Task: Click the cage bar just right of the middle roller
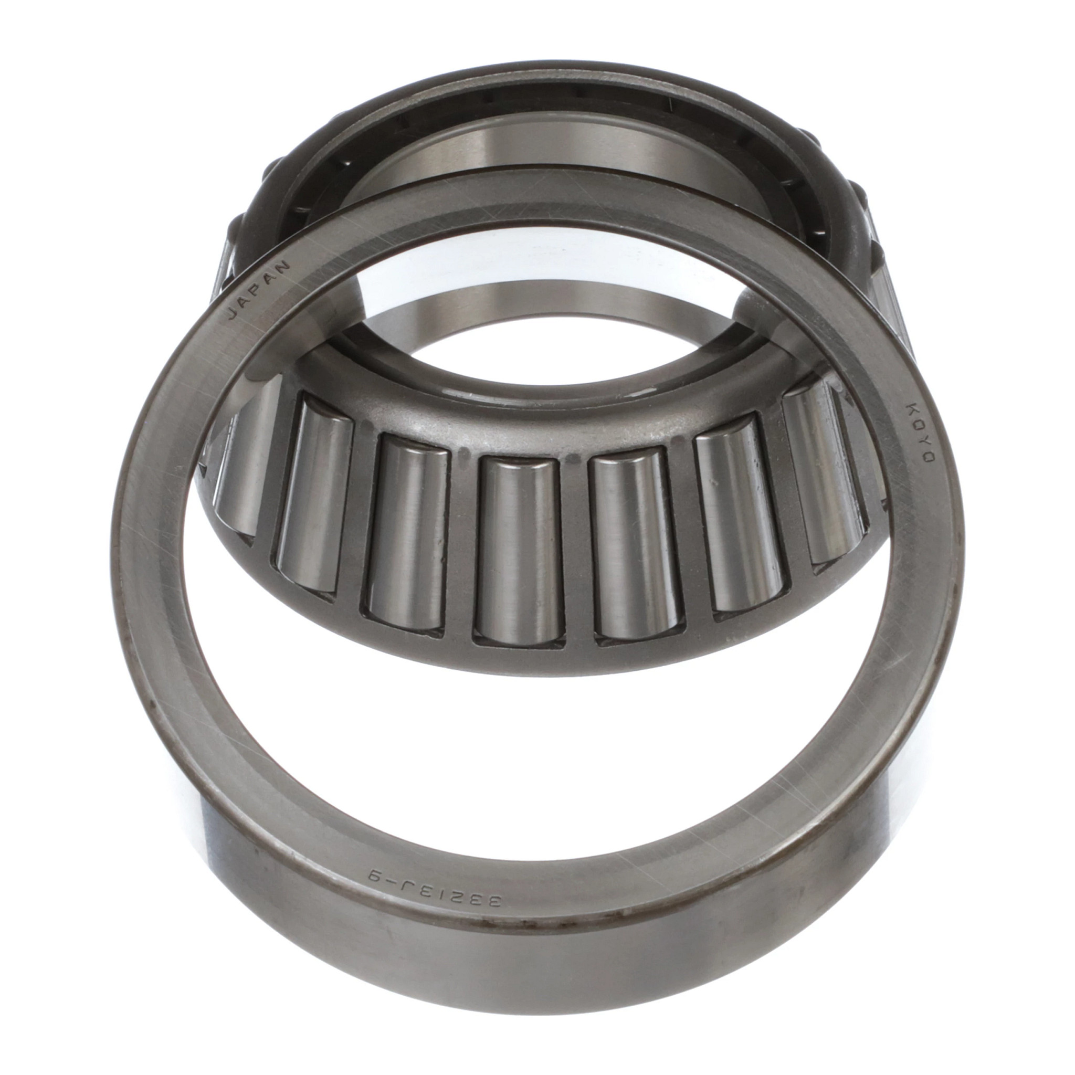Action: [x=577, y=551]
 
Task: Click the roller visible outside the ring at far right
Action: [x=890, y=312]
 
